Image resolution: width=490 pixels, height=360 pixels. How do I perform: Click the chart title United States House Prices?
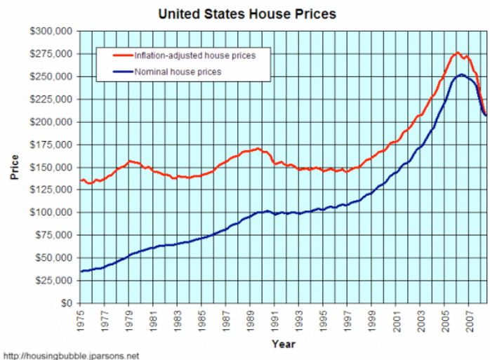(247, 13)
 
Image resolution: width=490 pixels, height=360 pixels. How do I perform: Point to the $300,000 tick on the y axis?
(51, 32)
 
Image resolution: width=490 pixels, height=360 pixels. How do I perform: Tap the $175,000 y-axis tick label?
(51, 145)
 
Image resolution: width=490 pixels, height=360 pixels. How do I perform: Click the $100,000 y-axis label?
(51, 213)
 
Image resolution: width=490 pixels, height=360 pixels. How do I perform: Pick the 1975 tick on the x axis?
(81, 319)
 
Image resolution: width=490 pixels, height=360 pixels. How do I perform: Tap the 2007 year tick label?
(468, 319)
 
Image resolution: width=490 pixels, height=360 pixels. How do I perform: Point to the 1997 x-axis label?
(347, 319)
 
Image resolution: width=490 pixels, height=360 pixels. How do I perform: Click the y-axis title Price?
(14, 168)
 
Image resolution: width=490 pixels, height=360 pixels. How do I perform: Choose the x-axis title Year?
(283, 344)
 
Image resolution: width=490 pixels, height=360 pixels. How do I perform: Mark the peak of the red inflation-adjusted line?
(458, 53)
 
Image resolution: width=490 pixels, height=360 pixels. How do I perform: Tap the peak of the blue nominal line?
(461, 74)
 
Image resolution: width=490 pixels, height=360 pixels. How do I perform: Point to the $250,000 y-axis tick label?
(51, 76)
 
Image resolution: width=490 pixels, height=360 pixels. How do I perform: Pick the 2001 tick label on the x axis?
(395, 319)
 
